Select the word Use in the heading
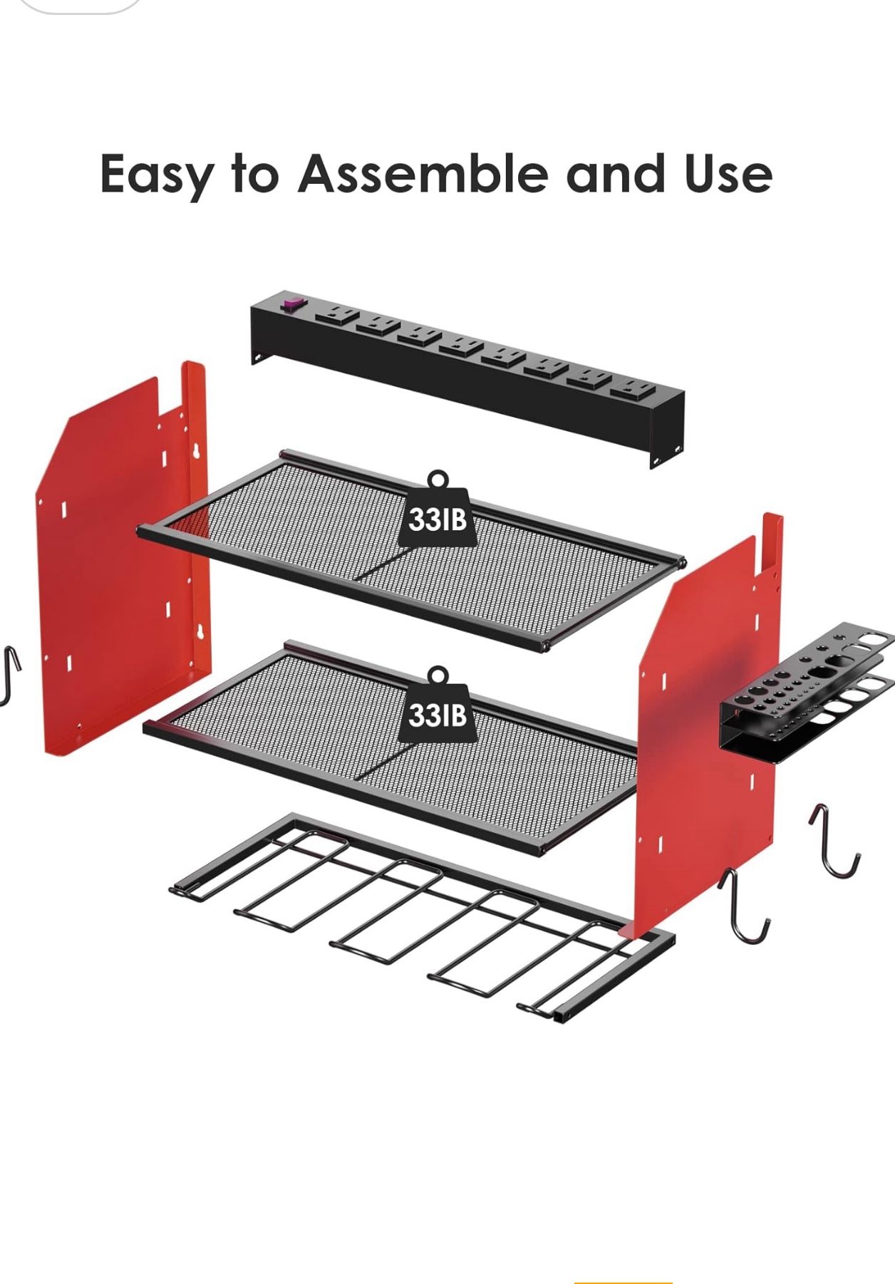[728, 174]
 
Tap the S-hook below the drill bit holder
[834, 842]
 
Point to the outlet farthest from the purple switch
[632, 389]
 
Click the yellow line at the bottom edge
[623, 1282]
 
